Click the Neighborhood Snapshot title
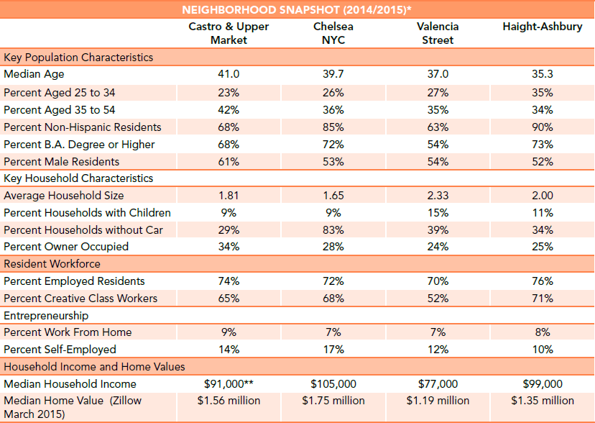(x=297, y=9)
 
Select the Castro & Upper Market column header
(x=229, y=33)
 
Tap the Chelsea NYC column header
(x=333, y=33)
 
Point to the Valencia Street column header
(x=438, y=33)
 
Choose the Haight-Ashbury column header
(x=543, y=27)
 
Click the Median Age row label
(x=34, y=74)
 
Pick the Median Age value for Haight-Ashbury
(x=543, y=74)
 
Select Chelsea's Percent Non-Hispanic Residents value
(x=333, y=127)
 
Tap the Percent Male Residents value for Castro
(x=229, y=162)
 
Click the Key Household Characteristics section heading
(x=78, y=178)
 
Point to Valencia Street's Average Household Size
(x=438, y=196)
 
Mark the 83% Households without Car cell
(x=333, y=230)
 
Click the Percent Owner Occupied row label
(x=66, y=247)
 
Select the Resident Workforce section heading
(x=52, y=264)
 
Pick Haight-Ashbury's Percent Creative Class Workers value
(x=543, y=299)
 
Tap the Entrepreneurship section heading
(x=46, y=316)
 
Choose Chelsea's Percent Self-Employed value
(x=333, y=350)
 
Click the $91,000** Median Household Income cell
(x=229, y=384)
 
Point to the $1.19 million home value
(x=438, y=401)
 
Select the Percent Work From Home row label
(x=68, y=332)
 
